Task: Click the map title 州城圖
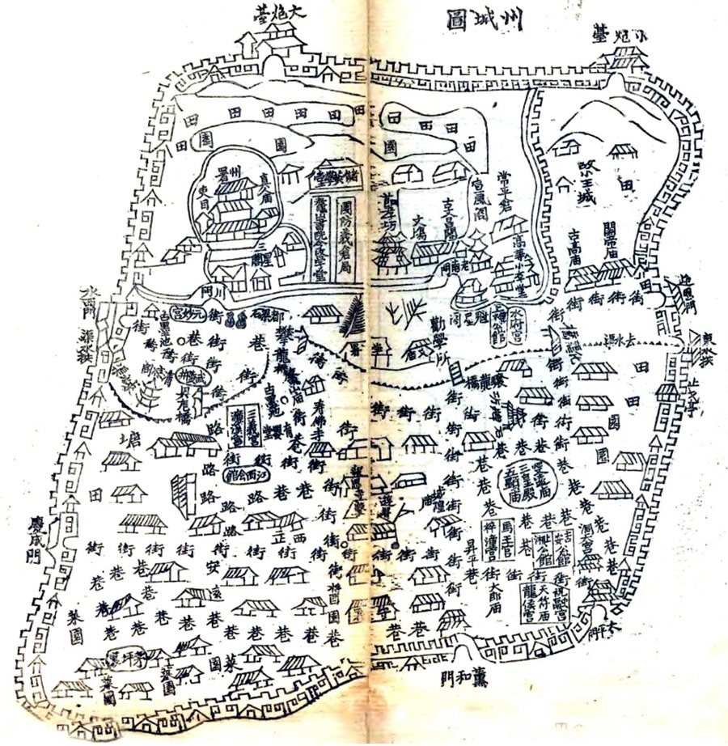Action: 484,18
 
